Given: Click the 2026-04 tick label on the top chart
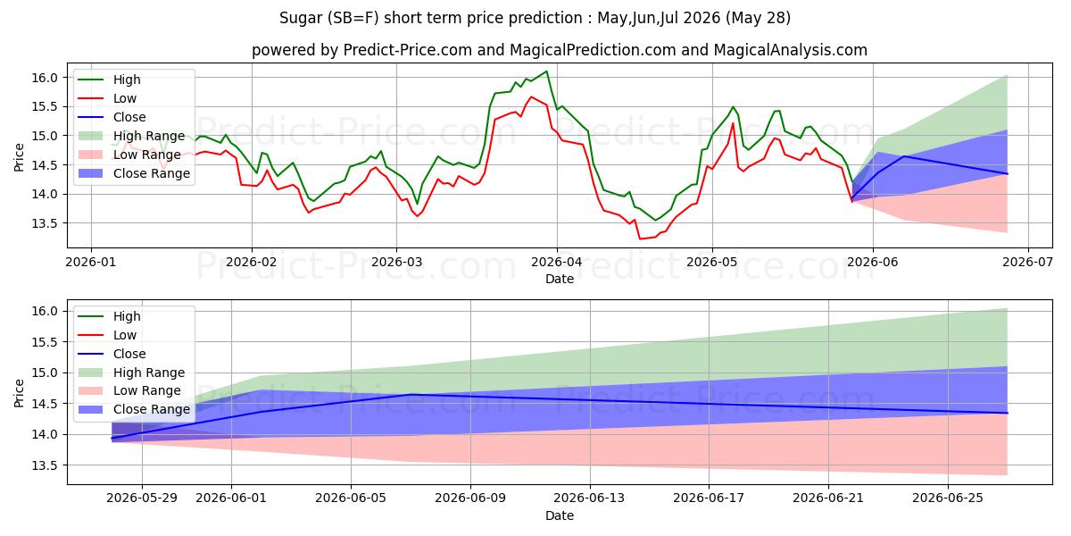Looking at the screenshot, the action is pyautogui.click(x=557, y=263).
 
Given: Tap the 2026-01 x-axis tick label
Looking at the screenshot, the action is pyautogui.click(x=91, y=263).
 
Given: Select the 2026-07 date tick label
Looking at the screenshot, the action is pyautogui.click(x=1027, y=263).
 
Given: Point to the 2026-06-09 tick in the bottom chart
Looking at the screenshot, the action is pyautogui.click(x=470, y=498).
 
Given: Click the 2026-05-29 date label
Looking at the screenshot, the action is pyautogui.click(x=142, y=498).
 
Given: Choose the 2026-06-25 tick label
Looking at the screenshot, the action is pyautogui.click(x=948, y=498).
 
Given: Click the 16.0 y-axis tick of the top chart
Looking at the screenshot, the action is pyautogui.click(x=45, y=78).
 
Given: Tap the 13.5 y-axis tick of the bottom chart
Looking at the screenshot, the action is pyautogui.click(x=45, y=465).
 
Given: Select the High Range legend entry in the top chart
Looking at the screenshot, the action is pyautogui.click(x=131, y=136).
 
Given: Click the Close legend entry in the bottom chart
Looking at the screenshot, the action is pyautogui.click(x=112, y=354).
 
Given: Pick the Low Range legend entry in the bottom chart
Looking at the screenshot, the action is pyautogui.click(x=129, y=390).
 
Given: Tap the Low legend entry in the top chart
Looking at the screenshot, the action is pyautogui.click(x=107, y=98).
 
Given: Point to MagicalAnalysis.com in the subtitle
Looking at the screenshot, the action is pyautogui.click(x=791, y=50).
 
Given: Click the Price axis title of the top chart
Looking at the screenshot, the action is pyautogui.click(x=19, y=157).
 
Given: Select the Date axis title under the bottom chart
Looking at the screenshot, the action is pyautogui.click(x=560, y=515).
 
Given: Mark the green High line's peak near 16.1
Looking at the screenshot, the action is pyautogui.click(x=546, y=71).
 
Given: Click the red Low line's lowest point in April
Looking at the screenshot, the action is pyautogui.click(x=640, y=239).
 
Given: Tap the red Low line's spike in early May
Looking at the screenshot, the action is pyautogui.click(x=733, y=123).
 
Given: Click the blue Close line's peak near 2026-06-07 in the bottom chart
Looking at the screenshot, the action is pyautogui.click(x=411, y=394).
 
